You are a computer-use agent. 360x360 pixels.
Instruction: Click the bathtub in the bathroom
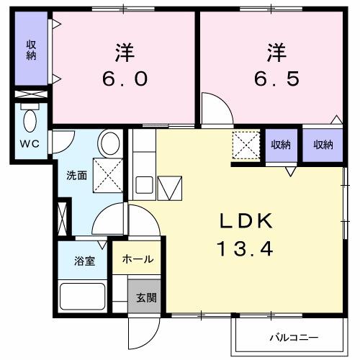pos(82,295)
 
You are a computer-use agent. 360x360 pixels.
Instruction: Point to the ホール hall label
pos(137,259)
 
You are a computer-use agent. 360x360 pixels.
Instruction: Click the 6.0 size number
pos(125,78)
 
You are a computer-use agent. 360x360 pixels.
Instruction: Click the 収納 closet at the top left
pos(31,50)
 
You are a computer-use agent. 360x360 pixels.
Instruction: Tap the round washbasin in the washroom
pos(109,142)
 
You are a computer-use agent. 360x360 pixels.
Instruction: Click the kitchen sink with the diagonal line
pos(171,189)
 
